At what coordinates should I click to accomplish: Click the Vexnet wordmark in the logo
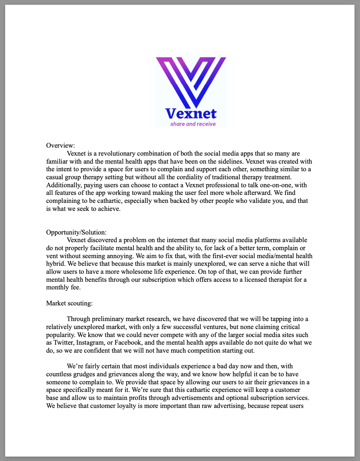pos(191,114)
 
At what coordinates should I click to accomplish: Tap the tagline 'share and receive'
pos(193,124)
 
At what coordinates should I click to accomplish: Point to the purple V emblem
pos(191,82)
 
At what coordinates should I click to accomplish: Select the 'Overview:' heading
pos(60,145)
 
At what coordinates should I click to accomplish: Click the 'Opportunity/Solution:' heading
pos(76,232)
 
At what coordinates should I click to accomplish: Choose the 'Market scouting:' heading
pos(69,303)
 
